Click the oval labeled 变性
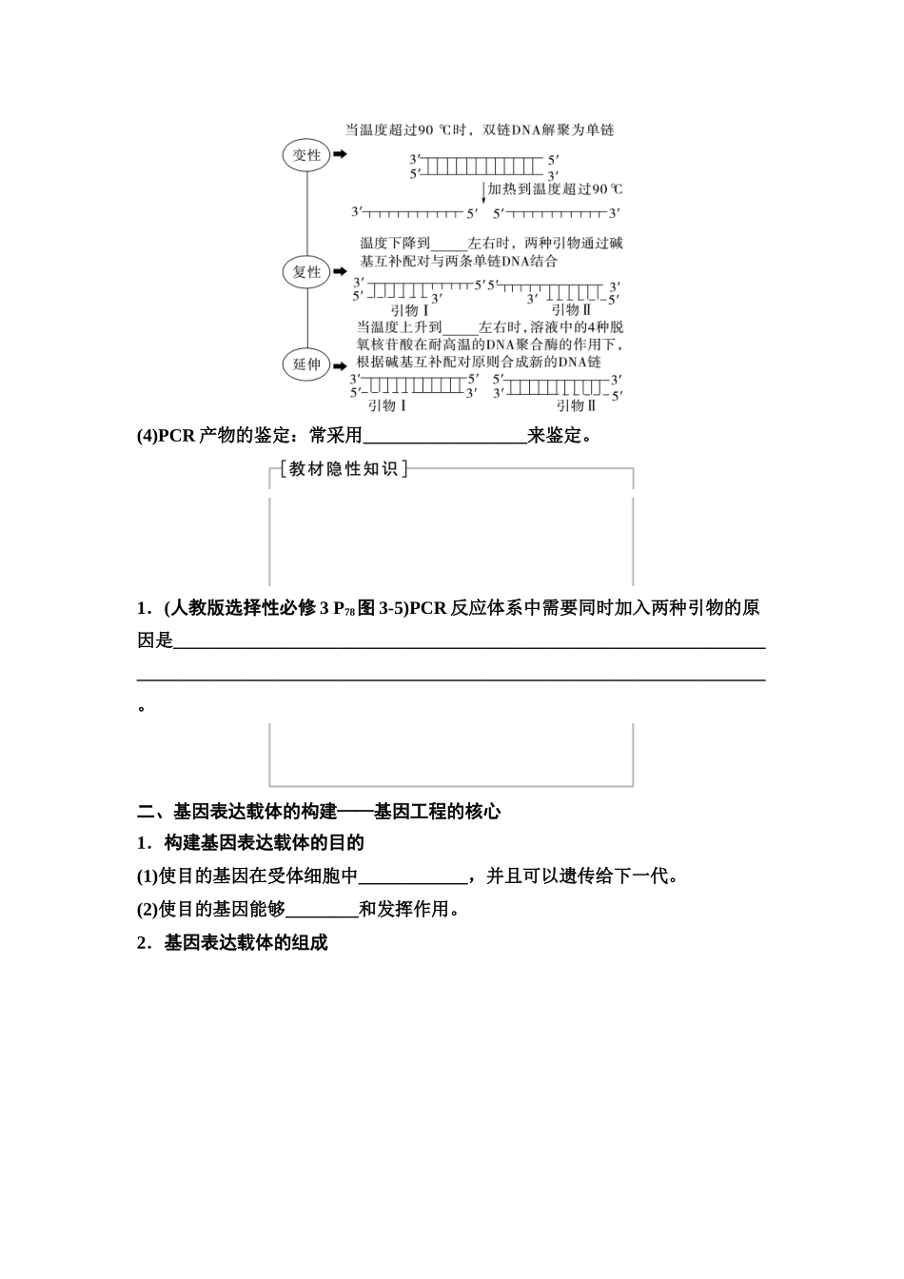click(x=306, y=155)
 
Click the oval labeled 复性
click(x=306, y=272)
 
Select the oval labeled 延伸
click(x=306, y=364)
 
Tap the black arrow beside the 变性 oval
click(x=340, y=154)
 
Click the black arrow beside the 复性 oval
click(x=340, y=271)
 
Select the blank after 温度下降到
click(x=449, y=244)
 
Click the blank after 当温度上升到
click(x=461, y=327)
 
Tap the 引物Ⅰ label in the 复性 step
click(x=410, y=310)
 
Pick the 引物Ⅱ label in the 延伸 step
click(x=576, y=405)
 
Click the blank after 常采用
click(x=445, y=437)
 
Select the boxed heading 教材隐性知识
click(x=344, y=469)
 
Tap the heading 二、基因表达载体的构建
click(x=319, y=812)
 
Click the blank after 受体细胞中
click(x=413, y=876)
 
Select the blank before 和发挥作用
click(x=322, y=910)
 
